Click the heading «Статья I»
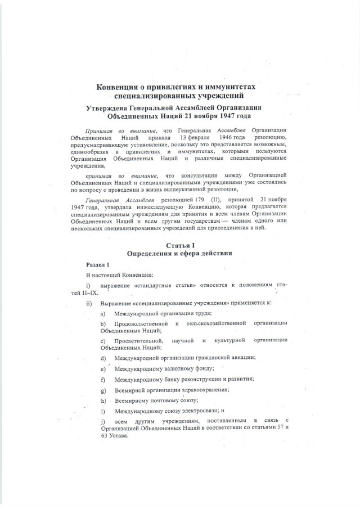tap(179, 246)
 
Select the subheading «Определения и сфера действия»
tap(179, 254)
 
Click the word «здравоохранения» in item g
tap(201, 390)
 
